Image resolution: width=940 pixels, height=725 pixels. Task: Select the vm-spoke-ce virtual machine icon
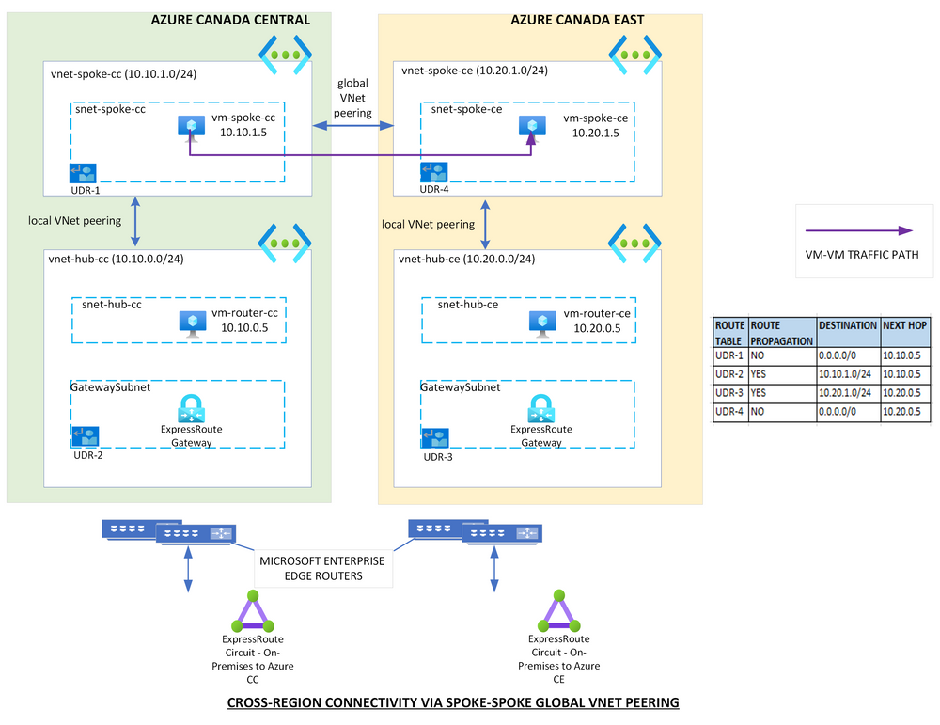tap(533, 126)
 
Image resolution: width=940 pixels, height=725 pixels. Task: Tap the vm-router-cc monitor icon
tap(193, 322)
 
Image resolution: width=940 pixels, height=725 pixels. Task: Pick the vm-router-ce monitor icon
tap(541, 322)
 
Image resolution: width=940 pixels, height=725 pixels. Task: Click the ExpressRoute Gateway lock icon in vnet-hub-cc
tap(192, 409)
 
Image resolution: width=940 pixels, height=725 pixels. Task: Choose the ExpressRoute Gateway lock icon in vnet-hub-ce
tap(540, 409)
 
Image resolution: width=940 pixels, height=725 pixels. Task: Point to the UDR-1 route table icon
tap(84, 173)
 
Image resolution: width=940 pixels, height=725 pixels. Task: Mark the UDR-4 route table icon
tap(434, 173)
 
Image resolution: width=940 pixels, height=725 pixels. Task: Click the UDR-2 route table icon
tap(86, 436)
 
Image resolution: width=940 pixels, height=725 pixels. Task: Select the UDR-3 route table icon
tap(435, 437)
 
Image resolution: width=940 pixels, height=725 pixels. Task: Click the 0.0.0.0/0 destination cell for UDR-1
tap(846, 356)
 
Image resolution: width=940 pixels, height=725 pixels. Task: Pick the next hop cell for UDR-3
tap(904, 394)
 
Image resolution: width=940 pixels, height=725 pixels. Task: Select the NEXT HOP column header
tap(904, 324)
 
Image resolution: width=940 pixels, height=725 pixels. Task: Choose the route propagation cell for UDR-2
tap(781, 375)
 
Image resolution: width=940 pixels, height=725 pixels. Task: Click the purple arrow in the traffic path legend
tap(859, 230)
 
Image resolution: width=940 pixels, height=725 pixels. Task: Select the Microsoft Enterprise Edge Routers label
tap(322, 568)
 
